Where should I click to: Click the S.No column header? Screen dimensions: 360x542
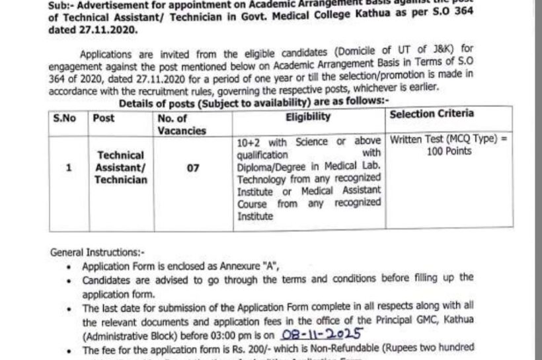(65, 118)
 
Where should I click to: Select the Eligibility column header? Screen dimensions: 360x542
(308, 117)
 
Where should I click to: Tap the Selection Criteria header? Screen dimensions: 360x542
(432, 114)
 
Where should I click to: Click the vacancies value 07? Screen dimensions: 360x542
(193, 168)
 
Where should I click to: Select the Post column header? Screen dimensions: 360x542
(104, 118)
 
